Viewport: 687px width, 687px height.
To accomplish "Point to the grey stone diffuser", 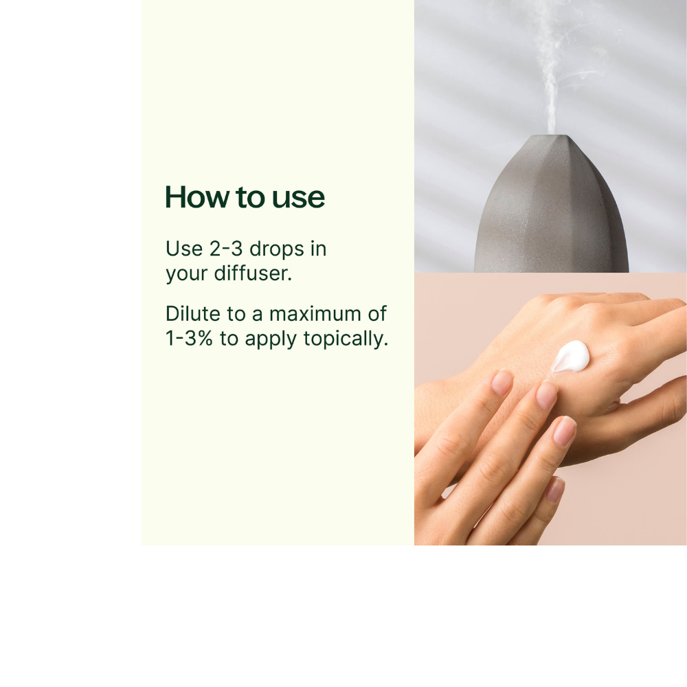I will [x=550, y=213].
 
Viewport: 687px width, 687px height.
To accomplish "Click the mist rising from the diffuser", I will [x=550, y=69].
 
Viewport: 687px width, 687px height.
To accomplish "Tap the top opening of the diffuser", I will [x=550, y=136].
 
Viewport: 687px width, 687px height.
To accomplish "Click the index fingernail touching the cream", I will [x=502, y=382].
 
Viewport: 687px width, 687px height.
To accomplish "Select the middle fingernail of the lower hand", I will [x=547, y=395].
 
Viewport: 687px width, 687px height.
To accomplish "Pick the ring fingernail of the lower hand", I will [x=565, y=431].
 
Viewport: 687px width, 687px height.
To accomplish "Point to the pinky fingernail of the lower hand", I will [x=554, y=489].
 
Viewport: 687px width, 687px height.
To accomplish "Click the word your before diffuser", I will [x=185, y=273].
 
